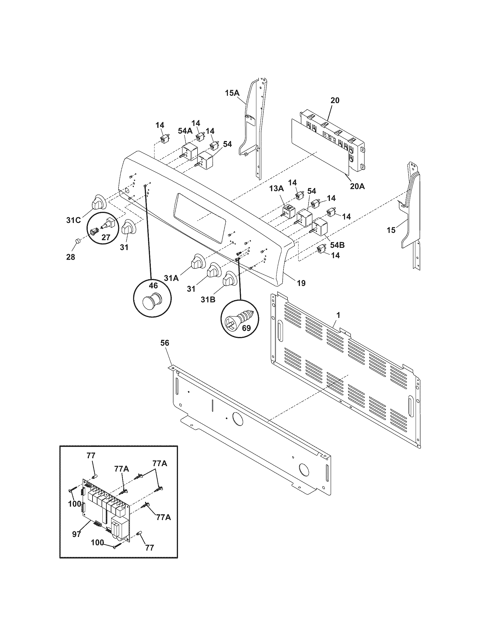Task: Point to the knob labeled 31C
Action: [x=98, y=203]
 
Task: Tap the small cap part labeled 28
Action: [x=77, y=242]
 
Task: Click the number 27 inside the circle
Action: [x=106, y=237]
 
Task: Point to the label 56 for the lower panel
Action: [x=165, y=343]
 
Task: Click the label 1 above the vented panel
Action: [x=338, y=315]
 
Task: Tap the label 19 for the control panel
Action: [x=301, y=283]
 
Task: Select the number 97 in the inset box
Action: [x=76, y=534]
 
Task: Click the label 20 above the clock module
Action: [x=335, y=101]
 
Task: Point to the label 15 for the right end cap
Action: [x=391, y=230]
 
